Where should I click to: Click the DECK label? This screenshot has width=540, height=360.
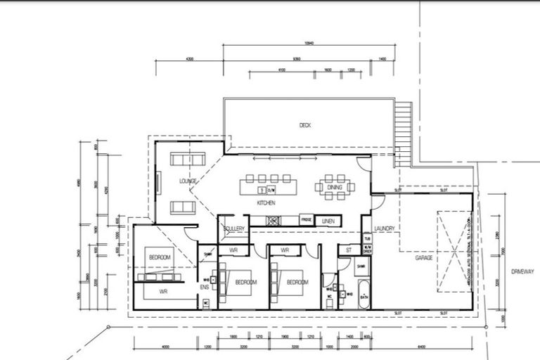pos(304,125)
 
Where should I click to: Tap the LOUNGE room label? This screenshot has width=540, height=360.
pos(188,181)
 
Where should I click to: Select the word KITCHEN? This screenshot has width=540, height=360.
pos(266,203)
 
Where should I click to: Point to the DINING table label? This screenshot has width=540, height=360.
pos(335,187)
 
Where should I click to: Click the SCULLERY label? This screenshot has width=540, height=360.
pos(233,229)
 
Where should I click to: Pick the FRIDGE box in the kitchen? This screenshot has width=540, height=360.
pos(306,220)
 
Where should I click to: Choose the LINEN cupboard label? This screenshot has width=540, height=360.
pos(328,221)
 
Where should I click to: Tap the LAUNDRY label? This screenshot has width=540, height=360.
pos(383,229)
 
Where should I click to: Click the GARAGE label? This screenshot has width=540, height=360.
pos(423,258)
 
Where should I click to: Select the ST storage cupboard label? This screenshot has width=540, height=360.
pos(348,250)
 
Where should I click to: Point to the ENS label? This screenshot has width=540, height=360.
pos(205,287)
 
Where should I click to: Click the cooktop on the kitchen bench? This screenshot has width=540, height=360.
pos(274,220)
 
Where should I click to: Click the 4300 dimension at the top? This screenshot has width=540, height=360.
pos(188,60)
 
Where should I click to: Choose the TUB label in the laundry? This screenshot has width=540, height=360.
pos(366,238)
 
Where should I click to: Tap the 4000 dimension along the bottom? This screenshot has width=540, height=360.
pos(166,347)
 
